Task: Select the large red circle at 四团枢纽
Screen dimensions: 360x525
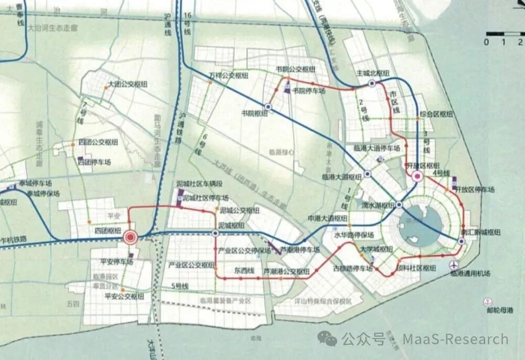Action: pyautogui.click(x=130, y=238)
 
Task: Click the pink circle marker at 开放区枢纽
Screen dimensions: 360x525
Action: pyautogui.click(x=418, y=176)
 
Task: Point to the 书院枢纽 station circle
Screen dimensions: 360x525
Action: pyautogui.click(x=268, y=107)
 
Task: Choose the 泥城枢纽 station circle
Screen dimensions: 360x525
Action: pyautogui.click(x=215, y=233)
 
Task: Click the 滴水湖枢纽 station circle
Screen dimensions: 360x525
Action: pyautogui.click(x=399, y=205)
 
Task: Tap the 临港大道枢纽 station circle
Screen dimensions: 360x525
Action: pyautogui.click(x=367, y=174)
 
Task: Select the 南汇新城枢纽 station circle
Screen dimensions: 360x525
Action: pyautogui.click(x=461, y=241)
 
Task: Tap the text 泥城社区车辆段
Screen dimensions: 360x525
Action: pyautogui.click(x=199, y=184)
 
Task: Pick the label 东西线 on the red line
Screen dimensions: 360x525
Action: pyautogui.click(x=244, y=271)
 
